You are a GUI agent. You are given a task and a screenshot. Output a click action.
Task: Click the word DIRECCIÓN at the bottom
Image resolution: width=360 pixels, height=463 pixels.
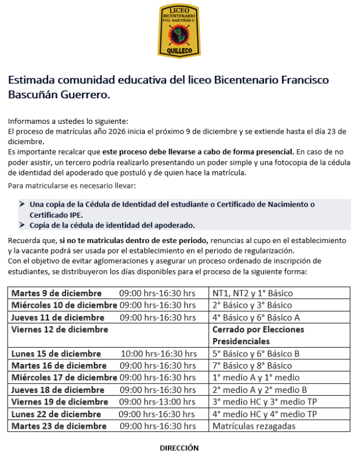(x=179, y=448)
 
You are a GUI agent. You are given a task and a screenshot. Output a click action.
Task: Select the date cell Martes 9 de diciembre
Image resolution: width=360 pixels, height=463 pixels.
(x=57, y=293)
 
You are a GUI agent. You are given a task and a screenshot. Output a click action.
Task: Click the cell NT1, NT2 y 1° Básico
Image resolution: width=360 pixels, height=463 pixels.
(x=254, y=293)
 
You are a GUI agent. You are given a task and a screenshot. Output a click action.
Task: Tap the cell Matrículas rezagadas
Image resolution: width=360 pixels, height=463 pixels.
(x=254, y=426)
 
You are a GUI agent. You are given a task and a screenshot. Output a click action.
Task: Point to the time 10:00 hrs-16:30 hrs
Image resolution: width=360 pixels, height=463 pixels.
(x=159, y=354)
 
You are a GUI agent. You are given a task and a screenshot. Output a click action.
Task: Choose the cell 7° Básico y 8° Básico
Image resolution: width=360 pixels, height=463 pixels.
(x=252, y=366)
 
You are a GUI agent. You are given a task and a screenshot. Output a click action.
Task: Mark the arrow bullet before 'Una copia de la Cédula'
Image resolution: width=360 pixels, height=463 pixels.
(x=22, y=204)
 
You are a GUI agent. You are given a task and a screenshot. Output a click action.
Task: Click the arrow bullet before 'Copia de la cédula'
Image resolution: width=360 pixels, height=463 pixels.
(x=22, y=225)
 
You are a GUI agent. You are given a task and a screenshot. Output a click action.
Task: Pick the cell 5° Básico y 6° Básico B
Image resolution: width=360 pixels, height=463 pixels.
(x=256, y=354)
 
